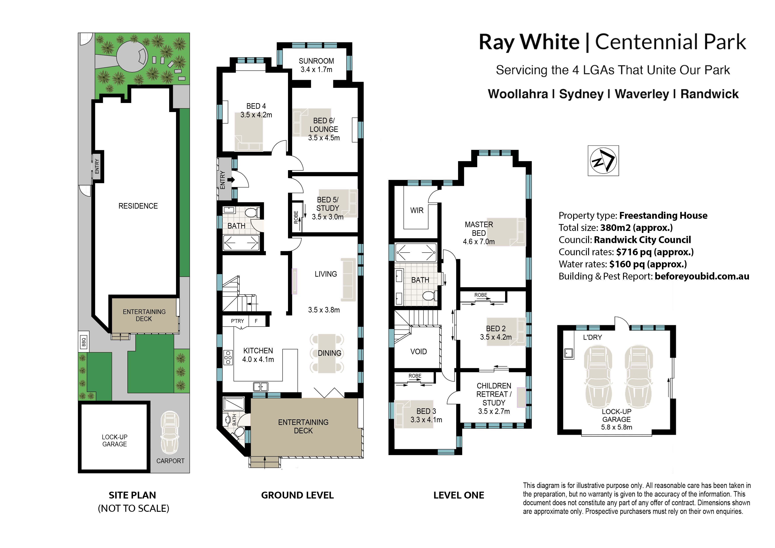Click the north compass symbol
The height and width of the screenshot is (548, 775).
tap(603, 161)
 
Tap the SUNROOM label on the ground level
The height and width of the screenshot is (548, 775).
tap(316, 61)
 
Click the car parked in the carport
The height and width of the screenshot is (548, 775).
tap(170, 432)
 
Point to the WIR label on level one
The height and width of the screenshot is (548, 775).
tap(417, 210)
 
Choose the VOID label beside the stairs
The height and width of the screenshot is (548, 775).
tap(419, 352)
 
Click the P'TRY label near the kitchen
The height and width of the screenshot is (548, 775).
tap(237, 321)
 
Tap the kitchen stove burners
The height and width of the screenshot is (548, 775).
tap(228, 357)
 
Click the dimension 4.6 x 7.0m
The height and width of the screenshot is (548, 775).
tap(479, 242)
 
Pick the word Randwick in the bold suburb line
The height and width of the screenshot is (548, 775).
tap(710, 94)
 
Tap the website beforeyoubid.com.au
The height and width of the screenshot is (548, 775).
tap(702, 276)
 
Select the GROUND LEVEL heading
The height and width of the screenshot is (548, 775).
tap(297, 495)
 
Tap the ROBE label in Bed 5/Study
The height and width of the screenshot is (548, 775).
tap(296, 217)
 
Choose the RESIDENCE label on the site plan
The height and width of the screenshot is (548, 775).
tap(138, 206)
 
